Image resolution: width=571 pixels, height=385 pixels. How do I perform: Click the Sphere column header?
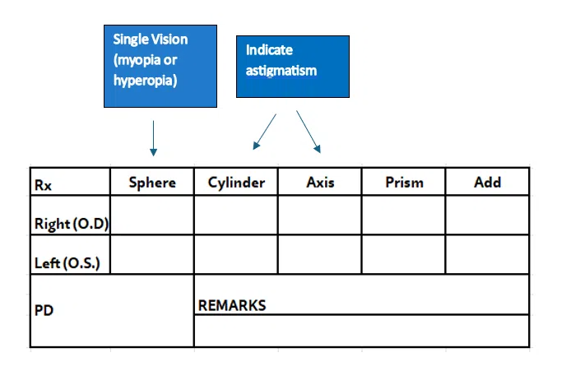pyautogui.click(x=152, y=182)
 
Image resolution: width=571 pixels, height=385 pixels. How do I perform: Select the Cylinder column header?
pyautogui.click(x=236, y=182)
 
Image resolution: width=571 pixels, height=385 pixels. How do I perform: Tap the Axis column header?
pyautogui.click(x=320, y=182)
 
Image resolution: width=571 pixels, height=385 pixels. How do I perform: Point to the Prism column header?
pyautogui.click(x=404, y=182)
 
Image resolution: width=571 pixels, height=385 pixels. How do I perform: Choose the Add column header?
pyautogui.click(x=487, y=182)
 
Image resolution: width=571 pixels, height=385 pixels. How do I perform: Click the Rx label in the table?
pyautogui.click(x=43, y=185)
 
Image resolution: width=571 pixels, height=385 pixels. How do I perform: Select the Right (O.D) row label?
pyautogui.click(x=72, y=224)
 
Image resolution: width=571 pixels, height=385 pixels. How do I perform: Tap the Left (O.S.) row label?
pyautogui.click(x=67, y=262)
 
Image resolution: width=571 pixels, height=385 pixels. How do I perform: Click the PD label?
pyautogui.click(x=44, y=310)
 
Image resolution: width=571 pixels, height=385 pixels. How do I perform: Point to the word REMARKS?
pyautogui.click(x=232, y=305)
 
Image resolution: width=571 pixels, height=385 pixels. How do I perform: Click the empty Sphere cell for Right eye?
pyautogui.click(x=152, y=216)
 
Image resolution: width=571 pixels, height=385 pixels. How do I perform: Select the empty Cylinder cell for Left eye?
pyautogui.click(x=236, y=254)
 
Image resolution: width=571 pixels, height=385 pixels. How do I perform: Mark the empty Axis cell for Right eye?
pyautogui.click(x=320, y=216)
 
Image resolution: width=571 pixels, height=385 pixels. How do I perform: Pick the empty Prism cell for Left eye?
pyautogui.click(x=403, y=254)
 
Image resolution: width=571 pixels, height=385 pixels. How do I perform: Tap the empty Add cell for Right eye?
pyautogui.click(x=487, y=216)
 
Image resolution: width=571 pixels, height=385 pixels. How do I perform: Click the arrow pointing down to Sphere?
pyautogui.click(x=153, y=138)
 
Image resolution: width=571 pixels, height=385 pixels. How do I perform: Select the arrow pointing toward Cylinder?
pyautogui.click(x=265, y=132)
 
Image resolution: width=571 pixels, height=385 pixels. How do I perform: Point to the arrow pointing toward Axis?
pyautogui.click(x=309, y=132)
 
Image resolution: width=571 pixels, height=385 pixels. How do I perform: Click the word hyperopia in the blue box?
pyautogui.click(x=146, y=81)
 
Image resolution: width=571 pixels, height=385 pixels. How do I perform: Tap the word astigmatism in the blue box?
pyautogui.click(x=281, y=70)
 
